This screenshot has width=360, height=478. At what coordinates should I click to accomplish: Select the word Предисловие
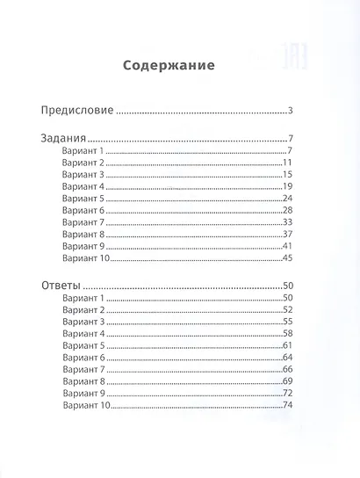coord(78,111)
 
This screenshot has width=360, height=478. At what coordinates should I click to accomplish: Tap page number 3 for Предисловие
coord(289,111)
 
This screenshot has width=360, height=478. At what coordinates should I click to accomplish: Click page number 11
coord(287,164)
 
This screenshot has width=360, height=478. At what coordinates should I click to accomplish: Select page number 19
coord(287,187)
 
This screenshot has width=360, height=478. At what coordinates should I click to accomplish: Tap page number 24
coord(287,199)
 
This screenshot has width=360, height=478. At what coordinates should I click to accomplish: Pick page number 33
coord(287,223)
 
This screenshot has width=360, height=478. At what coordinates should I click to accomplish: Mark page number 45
coord(287,258)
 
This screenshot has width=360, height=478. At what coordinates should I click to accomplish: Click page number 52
coord(287,311)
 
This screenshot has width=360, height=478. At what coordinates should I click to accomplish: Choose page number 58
coord(287,335)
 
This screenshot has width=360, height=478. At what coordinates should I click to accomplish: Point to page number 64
coord(287,358)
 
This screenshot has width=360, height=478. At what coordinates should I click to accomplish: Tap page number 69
coord(287,381)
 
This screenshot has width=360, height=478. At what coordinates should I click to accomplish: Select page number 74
coord(287,405)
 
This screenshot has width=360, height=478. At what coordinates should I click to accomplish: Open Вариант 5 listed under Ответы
coord(83,346)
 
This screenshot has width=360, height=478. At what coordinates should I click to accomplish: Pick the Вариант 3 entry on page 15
coord(83,176)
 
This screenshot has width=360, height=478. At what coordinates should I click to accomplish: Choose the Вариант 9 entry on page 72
coord(83,394)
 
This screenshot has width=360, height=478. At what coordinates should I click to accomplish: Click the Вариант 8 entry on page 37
coord(83,235)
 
